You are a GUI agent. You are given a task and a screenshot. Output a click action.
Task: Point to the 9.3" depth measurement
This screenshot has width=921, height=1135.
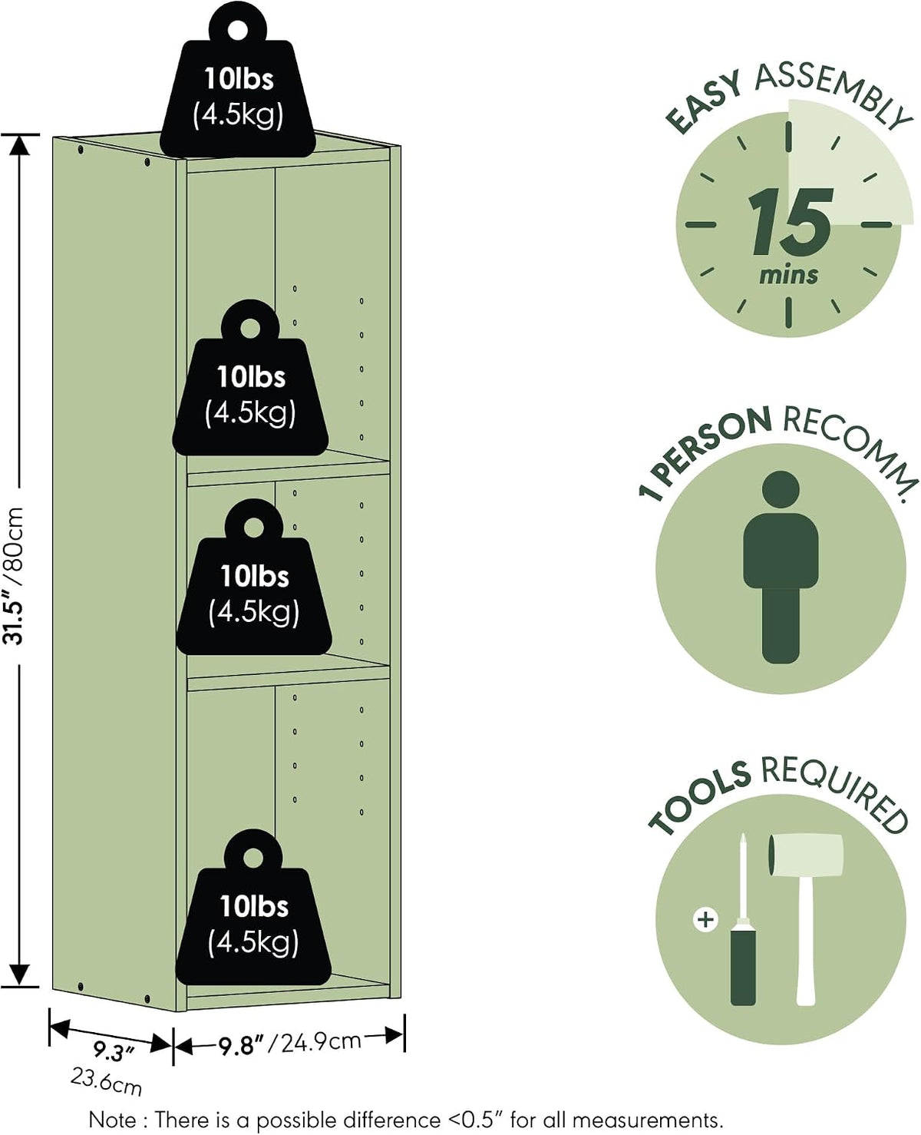(x=114, y=1051)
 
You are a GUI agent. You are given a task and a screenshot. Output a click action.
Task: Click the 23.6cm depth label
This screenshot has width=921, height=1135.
(x=107, y=1082)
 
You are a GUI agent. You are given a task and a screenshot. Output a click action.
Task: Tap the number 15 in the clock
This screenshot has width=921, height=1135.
(x=790, y=222)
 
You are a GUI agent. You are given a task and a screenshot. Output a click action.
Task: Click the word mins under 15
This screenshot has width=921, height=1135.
(x=788, y=275)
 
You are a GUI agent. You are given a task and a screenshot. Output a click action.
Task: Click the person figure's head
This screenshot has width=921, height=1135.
(x=781, y=490)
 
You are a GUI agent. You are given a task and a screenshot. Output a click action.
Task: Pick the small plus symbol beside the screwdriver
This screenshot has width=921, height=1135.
(x=706, y=919)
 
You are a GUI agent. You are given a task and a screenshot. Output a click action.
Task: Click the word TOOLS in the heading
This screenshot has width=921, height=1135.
(x=699, y=798)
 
